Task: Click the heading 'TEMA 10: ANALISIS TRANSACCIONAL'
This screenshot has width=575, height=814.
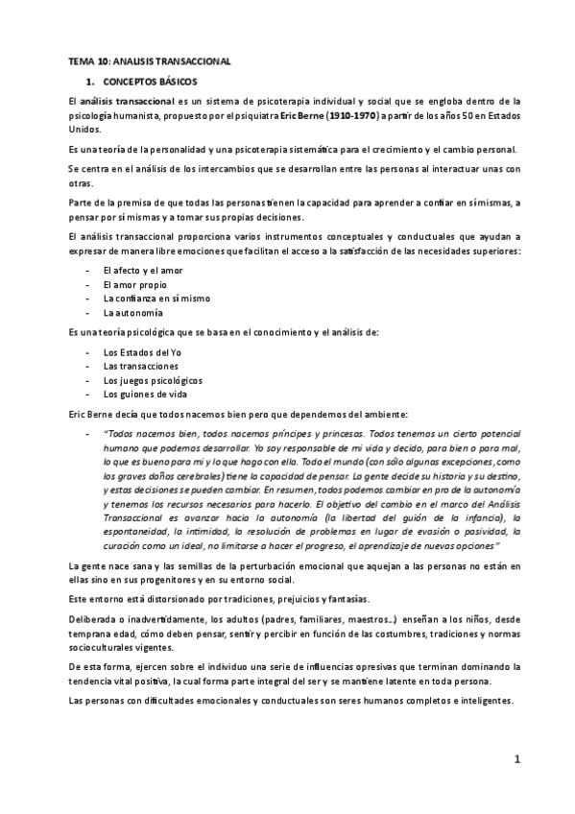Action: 149,60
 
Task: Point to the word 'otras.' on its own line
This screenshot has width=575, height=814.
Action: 70,182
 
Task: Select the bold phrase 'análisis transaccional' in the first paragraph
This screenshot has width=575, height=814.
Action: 127,101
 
